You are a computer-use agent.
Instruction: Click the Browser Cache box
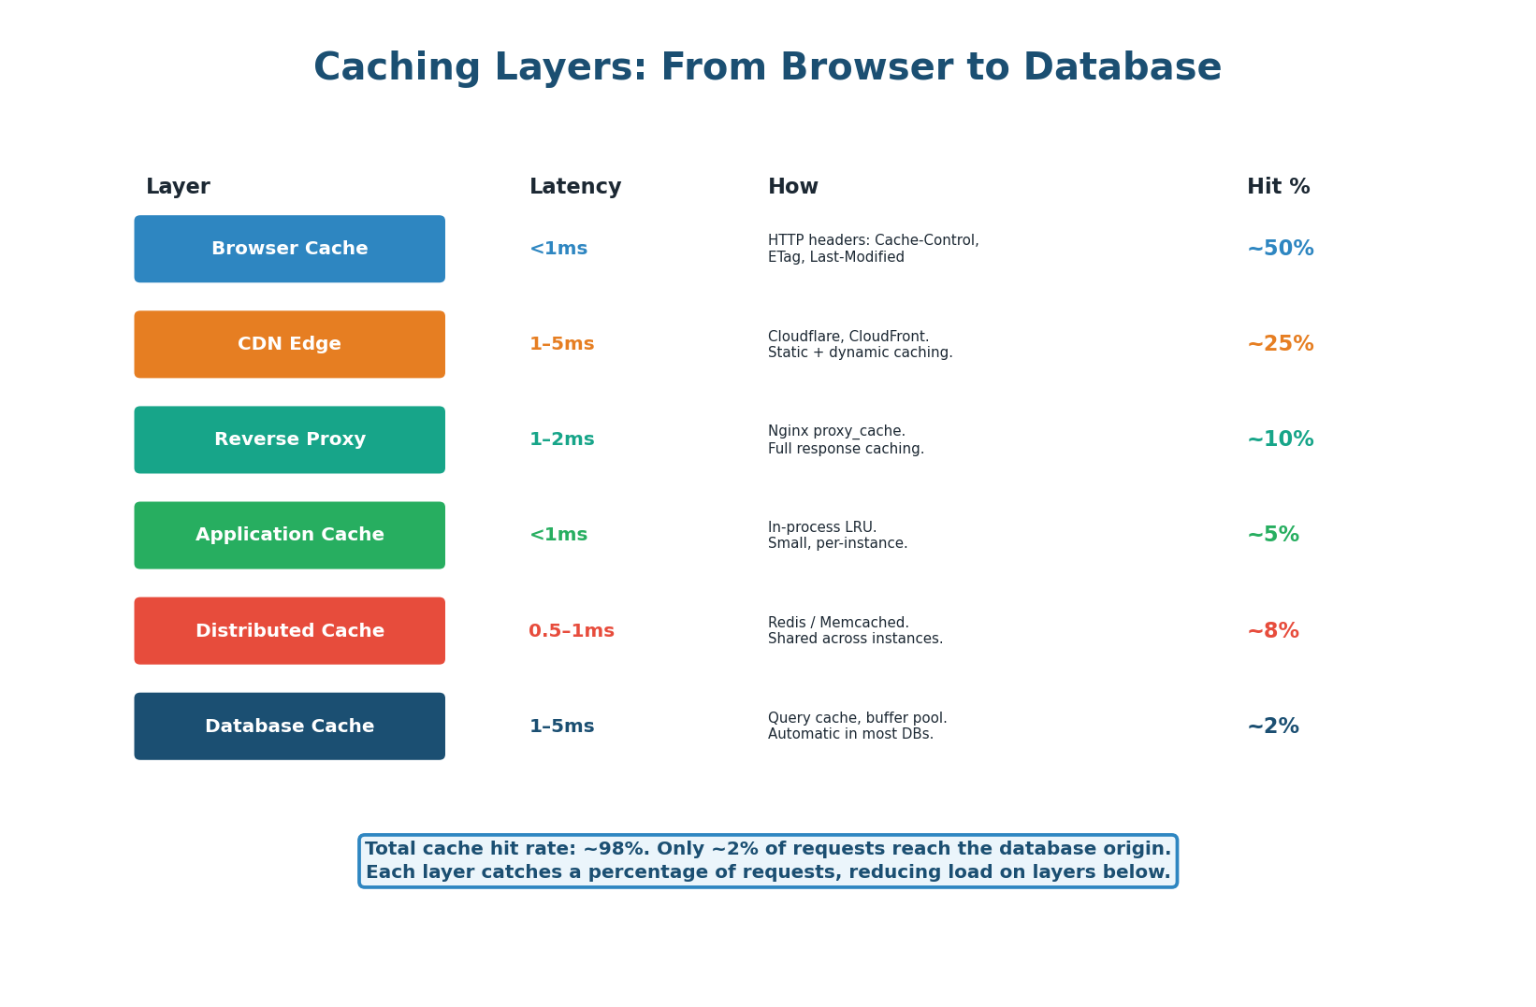[289, 249]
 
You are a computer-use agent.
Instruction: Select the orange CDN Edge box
[289, 344]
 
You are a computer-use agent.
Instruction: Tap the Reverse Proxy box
[289, 439]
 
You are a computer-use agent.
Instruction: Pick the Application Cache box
[289, 535]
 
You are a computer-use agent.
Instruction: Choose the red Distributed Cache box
[289, 631]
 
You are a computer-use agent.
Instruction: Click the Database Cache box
[289, 726]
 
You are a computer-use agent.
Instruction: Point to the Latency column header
[574, 187]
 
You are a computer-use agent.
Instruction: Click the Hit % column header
[1278, 187]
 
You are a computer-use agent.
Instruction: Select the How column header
[792, 187]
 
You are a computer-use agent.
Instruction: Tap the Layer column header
[178, 187]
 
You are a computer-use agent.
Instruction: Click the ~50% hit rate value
[1280, 249]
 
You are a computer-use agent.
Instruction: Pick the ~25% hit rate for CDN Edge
[1280, 344]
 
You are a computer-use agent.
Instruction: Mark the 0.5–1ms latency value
[571, 631]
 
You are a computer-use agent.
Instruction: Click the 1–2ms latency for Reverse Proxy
[561, 439]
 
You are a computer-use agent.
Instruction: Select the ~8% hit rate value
[1272, 631]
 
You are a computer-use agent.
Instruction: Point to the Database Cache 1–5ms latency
[561, 726]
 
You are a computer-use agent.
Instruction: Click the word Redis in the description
[788, 623]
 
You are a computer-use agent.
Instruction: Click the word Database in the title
[1122, 68]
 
